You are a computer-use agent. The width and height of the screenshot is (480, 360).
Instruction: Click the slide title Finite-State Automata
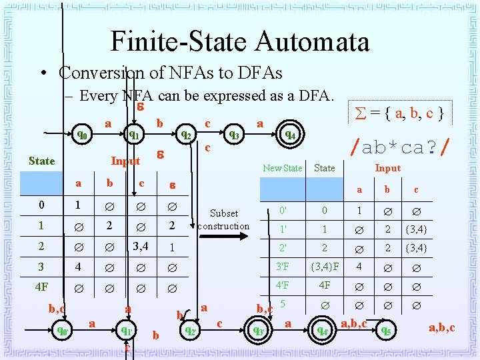[240, 41]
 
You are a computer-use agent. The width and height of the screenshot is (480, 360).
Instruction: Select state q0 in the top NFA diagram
[82, 135]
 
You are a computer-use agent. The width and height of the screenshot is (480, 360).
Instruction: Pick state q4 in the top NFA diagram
[289, 135]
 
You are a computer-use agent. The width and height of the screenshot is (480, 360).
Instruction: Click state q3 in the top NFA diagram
[235, 135]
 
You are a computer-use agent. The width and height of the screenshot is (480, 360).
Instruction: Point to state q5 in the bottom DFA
[386, 329]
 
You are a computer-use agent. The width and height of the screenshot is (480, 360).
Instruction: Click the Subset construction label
[224, 219]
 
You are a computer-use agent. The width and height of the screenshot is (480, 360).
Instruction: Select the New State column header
[282, 168]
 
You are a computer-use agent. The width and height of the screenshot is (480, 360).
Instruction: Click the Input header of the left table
[125, 161]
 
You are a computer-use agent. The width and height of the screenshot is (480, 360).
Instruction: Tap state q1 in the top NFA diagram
[134, 135]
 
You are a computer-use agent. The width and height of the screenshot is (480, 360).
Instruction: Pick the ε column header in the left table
[171, 183]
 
